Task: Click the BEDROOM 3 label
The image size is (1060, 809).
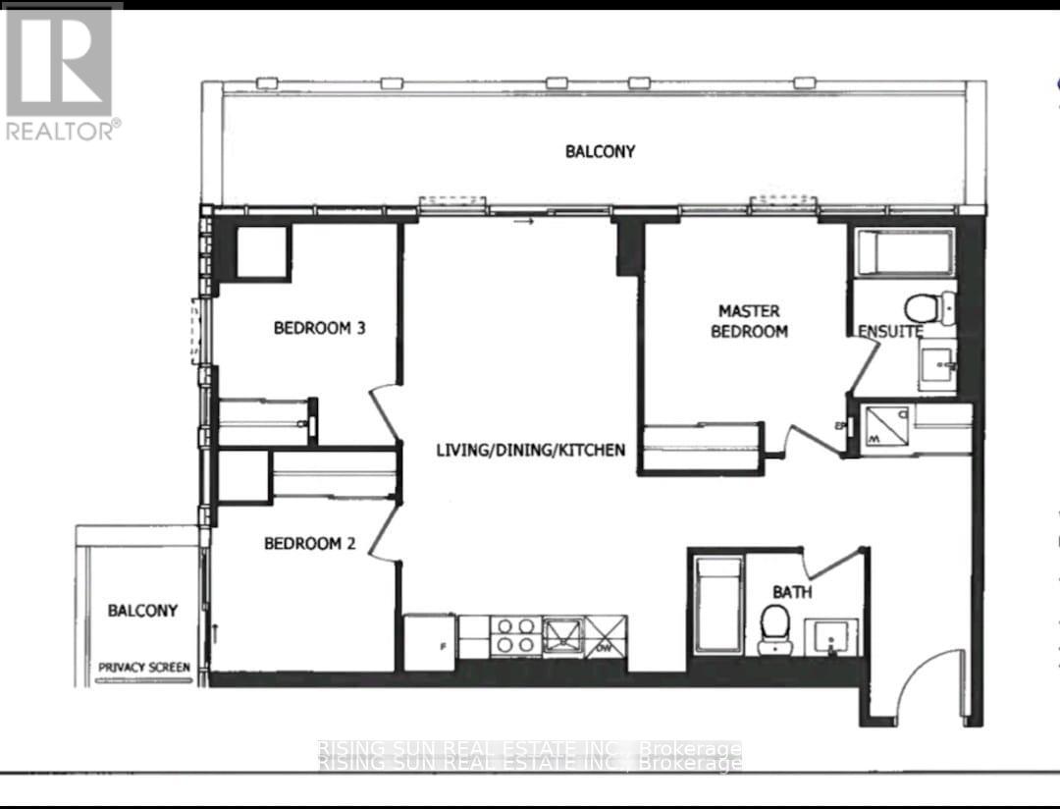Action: coord(319,328)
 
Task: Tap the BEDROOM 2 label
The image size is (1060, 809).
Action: coord(309,543)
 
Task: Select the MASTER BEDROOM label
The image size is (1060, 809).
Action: coord(749,321)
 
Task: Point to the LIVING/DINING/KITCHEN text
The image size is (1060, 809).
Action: coord(531,451)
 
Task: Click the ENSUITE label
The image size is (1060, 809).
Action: coord(890,332)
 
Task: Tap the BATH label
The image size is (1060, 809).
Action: coord(791,592)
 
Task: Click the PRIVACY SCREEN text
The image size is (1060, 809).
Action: coord(144,668)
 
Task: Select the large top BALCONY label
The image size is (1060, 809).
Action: coord(600,151)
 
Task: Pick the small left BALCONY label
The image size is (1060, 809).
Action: coord(142,611)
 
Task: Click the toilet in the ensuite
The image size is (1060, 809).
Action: coord(927,307)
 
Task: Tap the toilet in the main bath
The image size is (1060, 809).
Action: coord(775,624)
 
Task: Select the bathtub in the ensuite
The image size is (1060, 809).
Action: coord(904,252)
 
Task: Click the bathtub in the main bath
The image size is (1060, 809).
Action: coord(716,605)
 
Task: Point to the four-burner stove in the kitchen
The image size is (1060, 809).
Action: coord(513,635)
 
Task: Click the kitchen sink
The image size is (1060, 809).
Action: coord(563,633)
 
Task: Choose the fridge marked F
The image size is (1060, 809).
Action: coord(430,643)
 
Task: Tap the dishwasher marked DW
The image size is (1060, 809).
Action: coord(605,635)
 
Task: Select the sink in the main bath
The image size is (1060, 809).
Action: coord(832,637)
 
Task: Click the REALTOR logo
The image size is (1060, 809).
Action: coord(61,72)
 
